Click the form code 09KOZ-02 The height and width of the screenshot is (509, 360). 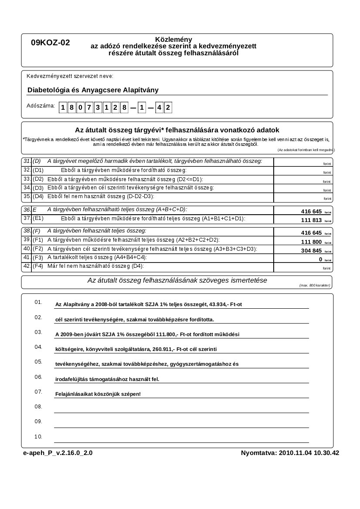pos(50,43)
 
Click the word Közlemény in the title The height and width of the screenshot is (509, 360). pos(173,39)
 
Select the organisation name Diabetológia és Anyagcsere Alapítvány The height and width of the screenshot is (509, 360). pos(93,90)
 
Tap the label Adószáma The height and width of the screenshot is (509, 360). pos(41,106)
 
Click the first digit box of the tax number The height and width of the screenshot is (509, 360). pos(63,108)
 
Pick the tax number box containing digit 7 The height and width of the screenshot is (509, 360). pos(89,108)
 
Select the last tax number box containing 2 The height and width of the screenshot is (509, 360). pos(168,108)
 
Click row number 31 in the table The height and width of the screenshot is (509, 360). pos(27,161)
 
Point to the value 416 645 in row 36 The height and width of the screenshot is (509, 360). pos(311,211)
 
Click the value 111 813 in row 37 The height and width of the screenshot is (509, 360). pos(311,220)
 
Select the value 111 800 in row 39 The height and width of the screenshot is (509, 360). pos(311,242)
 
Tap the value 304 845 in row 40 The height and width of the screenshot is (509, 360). pos(311,250)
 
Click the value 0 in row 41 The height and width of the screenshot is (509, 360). pos(320,259)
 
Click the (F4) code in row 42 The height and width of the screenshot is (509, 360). pos(38,266)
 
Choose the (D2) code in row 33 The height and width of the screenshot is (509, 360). pos(38,179)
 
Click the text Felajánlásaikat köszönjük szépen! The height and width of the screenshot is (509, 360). pos(98,394)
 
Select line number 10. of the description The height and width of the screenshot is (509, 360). pos(38,436)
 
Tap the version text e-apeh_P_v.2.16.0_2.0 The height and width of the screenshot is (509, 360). pos(58,453)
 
